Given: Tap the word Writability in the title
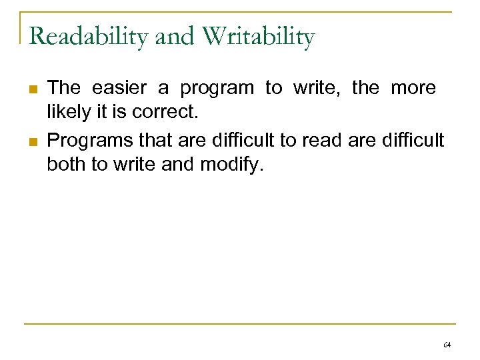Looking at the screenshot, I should click(258, 36).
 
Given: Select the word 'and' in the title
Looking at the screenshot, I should click(175, 36).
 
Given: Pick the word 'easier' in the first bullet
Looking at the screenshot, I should click(121, 87).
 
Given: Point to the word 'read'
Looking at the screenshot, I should click(321, 139).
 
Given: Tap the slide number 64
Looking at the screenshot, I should click(447, 345).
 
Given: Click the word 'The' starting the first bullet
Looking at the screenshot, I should click(65, 87).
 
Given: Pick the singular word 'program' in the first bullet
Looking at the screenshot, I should click(217, 88).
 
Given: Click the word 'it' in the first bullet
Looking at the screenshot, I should click(100, 113).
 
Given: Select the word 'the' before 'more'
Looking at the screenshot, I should click(365, 87).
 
